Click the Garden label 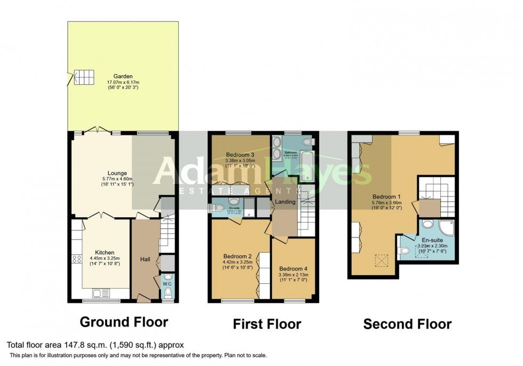(x=123, y=76)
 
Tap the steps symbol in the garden (x=82, y=77)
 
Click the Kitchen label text (x=105, y=252)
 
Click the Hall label (x=145, y=259)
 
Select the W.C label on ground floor (x=167, y=283)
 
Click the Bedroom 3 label (x=240, y=155)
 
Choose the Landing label (x=285, y=202)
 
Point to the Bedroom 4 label (x=293, y=268)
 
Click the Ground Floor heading (x=124, y=322)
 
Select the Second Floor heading (x=407, y=324)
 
